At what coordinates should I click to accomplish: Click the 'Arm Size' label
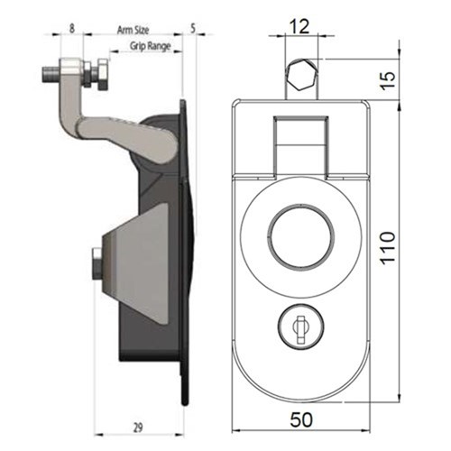point(133,30)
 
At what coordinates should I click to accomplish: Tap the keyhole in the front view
point(295,322)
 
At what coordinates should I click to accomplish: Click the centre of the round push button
point(296,237)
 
